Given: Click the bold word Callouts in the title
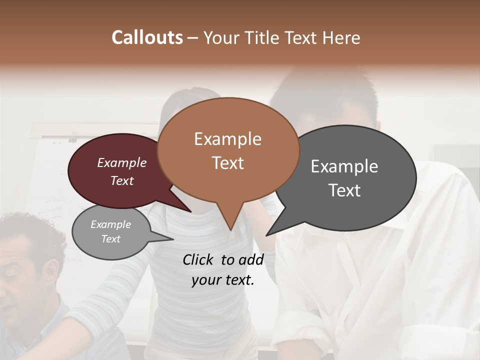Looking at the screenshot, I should coord(147,37).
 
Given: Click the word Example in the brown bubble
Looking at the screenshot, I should coord(227,139).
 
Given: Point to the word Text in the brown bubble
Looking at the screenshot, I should coord(227,163).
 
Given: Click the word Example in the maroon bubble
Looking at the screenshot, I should coord(122,162).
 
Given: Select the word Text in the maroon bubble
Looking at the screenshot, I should coord(122,180).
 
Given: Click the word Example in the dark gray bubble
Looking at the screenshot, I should coord(344,166).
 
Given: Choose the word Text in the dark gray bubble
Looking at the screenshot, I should coord(344,190).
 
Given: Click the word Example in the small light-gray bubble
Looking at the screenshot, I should coord(111,224).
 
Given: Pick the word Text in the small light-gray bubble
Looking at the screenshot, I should coord(111,239).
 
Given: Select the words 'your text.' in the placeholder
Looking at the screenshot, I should coord(223,280).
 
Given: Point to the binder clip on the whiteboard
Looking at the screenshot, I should coord(73,136).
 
